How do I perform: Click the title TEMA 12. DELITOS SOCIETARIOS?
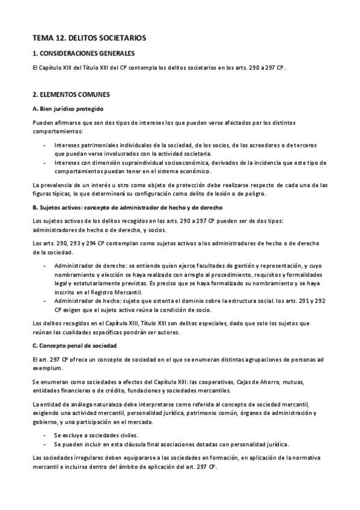90,38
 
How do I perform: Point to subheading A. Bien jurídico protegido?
69,109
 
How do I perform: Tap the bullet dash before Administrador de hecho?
46,300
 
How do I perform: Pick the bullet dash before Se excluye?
46,434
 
